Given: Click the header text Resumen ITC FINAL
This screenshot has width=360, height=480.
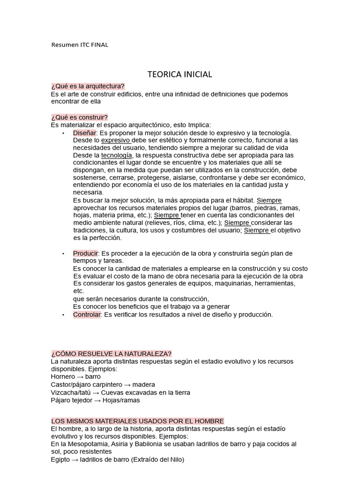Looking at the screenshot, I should [x=79, y=45].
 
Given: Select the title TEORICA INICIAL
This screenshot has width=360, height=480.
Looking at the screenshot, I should [x=180, y=75].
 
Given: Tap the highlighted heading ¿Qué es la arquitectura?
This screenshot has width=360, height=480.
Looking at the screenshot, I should [x=88, y=86].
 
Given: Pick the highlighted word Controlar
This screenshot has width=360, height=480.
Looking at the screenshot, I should [x=87, y=315].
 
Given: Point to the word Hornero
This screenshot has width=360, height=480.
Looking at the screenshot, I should [x=62, y=376].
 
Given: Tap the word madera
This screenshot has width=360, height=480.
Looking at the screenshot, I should [x=143, y=384].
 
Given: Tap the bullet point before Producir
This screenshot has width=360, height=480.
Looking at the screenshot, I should [x=63, y=254].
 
